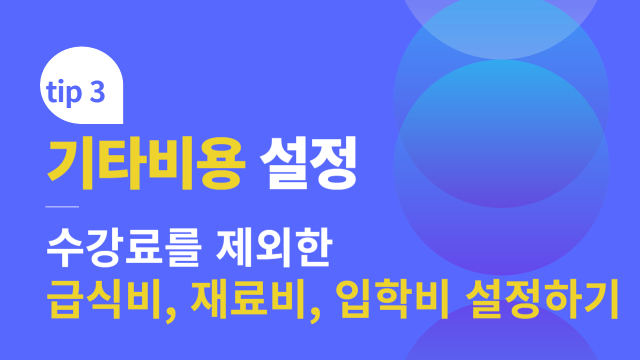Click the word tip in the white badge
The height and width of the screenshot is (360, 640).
pyautogui.click(x=63, y=92)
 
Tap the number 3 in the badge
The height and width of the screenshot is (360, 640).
pyautogui.click(x=97, y=91)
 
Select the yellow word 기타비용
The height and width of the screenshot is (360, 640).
pyautogui.click(x=146, y=162)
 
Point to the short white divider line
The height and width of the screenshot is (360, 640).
pyautogui.click(x=62, y=206)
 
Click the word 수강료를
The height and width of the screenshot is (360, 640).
pyautogui.click(x=123, y=247)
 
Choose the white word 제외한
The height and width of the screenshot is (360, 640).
pyautogui.click(x=274, y=247)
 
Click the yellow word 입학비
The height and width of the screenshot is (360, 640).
pyautogui.click(x=391, y=299)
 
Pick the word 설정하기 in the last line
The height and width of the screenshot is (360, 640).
pyautogui.click(x=542, y=299)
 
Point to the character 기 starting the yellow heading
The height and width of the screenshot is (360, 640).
pyautogui.click(x=70, y=163)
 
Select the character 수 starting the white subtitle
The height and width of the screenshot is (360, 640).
pyautogui.click(x=65, y=247)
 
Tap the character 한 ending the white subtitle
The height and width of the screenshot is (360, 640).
pyautogui.click(x=314, y=247)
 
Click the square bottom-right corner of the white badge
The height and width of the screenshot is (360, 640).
pyautogui.click(x=122, y=123)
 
